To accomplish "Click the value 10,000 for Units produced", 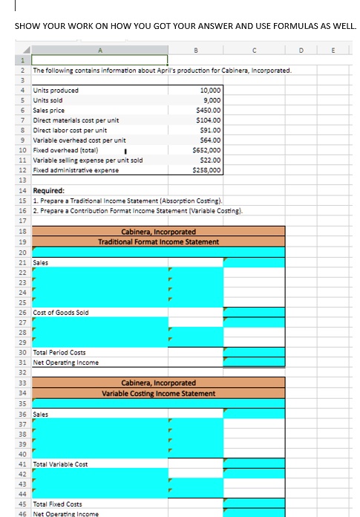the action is pyautogui.click(x=207, y=91).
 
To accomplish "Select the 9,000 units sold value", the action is pyautogui.click(x=209, y=100).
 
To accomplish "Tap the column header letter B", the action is pyautogui.click(x=194, y=52).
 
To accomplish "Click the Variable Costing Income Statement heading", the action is pyautogui.click(x=160, y=393).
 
